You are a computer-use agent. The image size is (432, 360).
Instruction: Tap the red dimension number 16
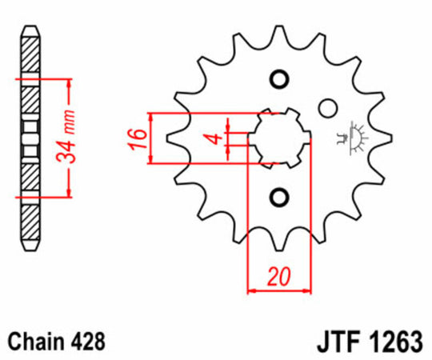pos(138,138)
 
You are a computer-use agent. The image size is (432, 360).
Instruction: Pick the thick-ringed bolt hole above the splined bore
pos(279,79)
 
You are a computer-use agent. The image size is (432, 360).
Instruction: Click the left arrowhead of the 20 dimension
pos(252,290)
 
